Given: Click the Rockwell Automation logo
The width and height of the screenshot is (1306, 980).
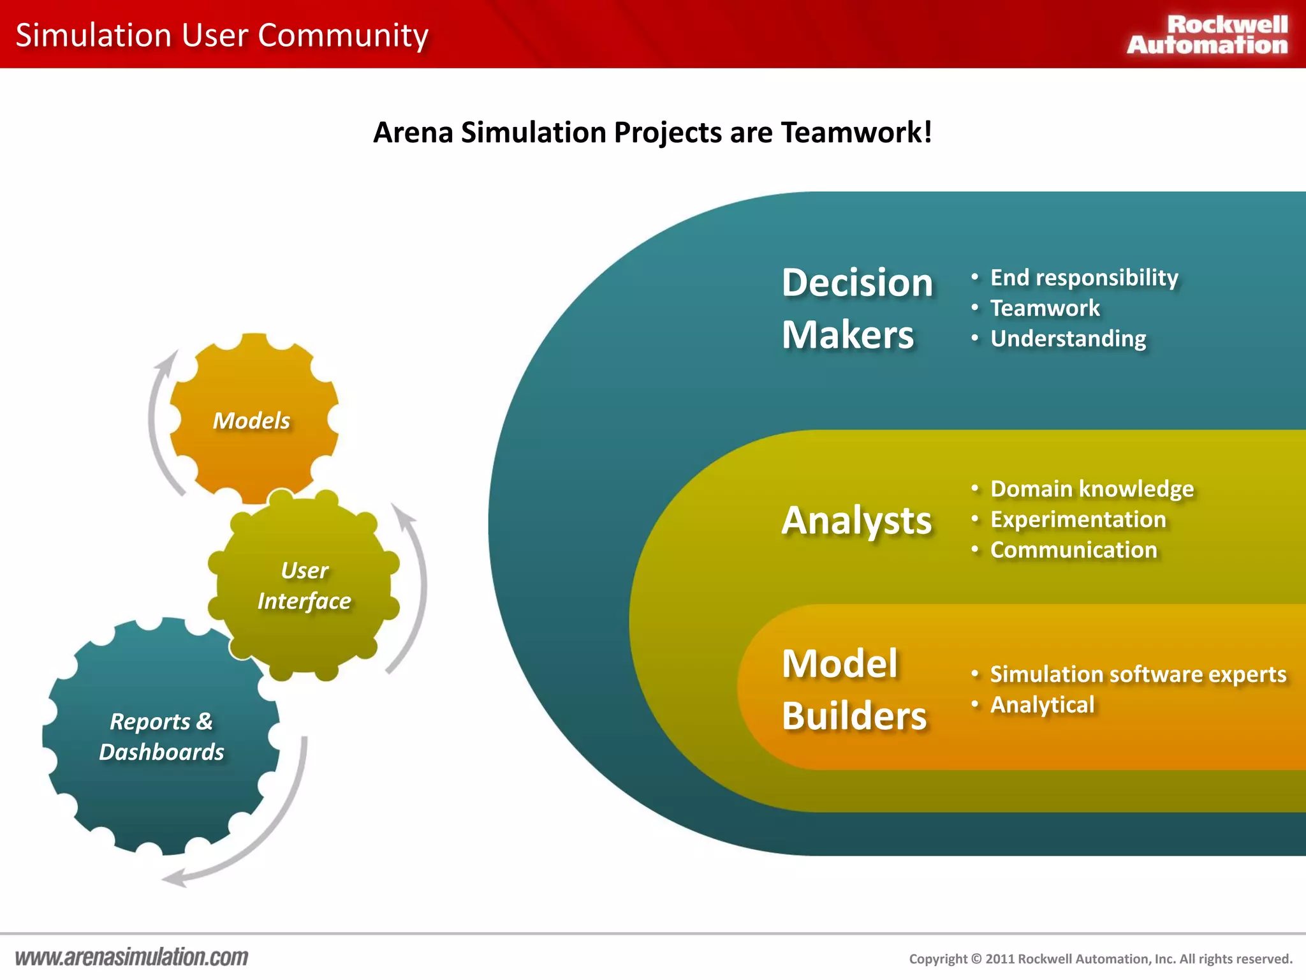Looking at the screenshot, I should click(x=1207, y=35).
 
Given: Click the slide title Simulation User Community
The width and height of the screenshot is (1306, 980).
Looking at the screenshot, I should click(x=222, y=35).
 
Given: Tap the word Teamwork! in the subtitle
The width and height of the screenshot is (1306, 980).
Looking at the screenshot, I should click(x=856, y=133).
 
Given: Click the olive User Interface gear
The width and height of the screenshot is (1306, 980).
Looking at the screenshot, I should click(x=304, y=586).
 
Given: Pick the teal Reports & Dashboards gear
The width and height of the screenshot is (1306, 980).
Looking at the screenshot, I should click(x=161, y=737).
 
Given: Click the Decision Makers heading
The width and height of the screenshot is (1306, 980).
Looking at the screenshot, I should click(x=856, y=308).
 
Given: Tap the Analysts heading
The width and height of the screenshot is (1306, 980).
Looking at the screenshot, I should click(x=856, y=520).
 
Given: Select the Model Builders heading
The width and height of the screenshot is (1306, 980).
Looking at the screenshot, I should click(x=853, y=689).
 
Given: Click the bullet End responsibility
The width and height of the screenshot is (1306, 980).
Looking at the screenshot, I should click(x=1083, y=278).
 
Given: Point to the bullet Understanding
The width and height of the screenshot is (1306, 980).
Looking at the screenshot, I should click(x=1068, y=339).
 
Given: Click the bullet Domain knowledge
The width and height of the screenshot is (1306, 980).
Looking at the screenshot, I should click(x=1091, y=489).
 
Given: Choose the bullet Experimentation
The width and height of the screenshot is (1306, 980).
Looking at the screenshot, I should click(x=1078, y=519).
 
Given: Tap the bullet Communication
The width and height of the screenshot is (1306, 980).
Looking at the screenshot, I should click(x=1073, y=550).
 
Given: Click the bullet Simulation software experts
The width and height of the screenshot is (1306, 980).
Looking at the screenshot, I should click(x=1138, y=674).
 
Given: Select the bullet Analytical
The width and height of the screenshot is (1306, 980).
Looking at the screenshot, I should click(x=1042, y=705).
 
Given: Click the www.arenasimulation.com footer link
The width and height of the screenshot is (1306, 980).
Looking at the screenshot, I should click(x=131, y=957).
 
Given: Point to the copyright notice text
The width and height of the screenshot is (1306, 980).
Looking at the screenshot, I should click(x=1100, y=959).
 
